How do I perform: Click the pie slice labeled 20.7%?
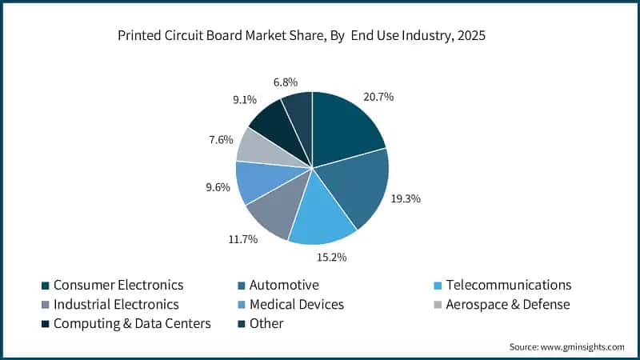click(344, 128)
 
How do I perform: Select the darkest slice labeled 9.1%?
click(276, 120)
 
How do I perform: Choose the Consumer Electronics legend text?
click(118, 285)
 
